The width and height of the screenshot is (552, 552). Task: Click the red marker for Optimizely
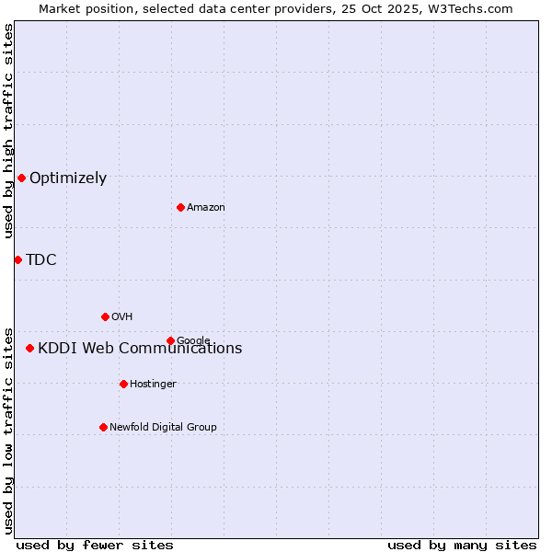click(x=21, y=178)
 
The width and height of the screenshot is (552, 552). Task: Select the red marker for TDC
click(x=17, y=259)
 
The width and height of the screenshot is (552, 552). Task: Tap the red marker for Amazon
click(x=180, y=207)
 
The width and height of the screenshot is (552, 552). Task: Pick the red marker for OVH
click(x=105, y=316)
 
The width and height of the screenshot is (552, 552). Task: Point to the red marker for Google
click(x=170, y=340)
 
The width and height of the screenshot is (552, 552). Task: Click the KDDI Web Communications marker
click(x=30, y=348)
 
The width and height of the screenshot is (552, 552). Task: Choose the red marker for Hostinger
click(x=123, y=384)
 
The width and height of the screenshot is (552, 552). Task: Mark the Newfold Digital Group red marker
click(x=103, y=427)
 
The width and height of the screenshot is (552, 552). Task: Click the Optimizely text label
click(x=68, y=178)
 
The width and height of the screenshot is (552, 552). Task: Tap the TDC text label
click(x=41, y=260)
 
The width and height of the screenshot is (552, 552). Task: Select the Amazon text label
click(x=206, y=208)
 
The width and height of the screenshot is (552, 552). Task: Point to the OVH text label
click(x=122, y=317)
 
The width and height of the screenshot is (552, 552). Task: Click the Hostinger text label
click(x=153, y=385)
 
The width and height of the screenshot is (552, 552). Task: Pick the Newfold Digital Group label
click(x=163, y=428)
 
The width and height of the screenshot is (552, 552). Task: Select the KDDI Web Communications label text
click(x=140, y=349)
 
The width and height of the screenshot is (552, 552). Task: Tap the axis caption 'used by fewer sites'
click(x=95, y=545)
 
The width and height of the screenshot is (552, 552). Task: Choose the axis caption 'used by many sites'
click(x=462, y=545)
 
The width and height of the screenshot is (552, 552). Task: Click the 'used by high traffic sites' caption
click(x=8, y=131)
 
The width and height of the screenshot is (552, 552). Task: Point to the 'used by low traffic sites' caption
click(x=8, y=430)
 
